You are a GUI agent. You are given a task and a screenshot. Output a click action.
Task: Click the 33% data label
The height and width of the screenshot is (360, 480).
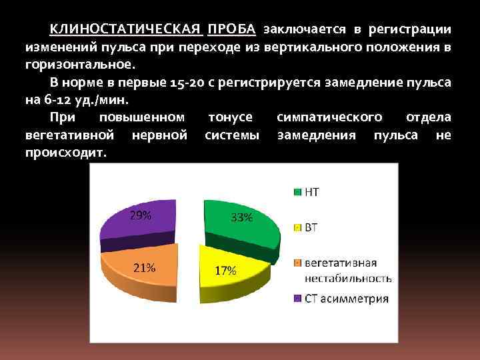click(241, 217)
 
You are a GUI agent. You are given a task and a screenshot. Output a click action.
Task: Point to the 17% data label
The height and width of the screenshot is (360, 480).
click(225, 271)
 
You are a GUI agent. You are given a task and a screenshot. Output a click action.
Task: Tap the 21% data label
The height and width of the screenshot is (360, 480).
click(145, 268)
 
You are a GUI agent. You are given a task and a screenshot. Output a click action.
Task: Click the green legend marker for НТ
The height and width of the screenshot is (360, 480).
click(297, 193)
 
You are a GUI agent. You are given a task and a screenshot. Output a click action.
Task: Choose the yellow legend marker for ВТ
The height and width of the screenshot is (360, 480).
click(297, 228)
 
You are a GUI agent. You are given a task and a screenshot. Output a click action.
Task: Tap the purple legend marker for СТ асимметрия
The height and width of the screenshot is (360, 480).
click(297, 299)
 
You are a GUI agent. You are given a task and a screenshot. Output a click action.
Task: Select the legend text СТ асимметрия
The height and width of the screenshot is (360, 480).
click(347, 299)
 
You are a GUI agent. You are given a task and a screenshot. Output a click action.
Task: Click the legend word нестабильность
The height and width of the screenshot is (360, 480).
click(348, 278)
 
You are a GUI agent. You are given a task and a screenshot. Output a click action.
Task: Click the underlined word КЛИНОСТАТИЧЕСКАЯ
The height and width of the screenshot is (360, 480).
click(125, 30)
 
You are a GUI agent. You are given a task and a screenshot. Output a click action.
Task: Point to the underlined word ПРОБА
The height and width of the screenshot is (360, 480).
click(231, 30)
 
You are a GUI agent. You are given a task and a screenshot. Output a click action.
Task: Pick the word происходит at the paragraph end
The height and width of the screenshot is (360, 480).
click(65, 152)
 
